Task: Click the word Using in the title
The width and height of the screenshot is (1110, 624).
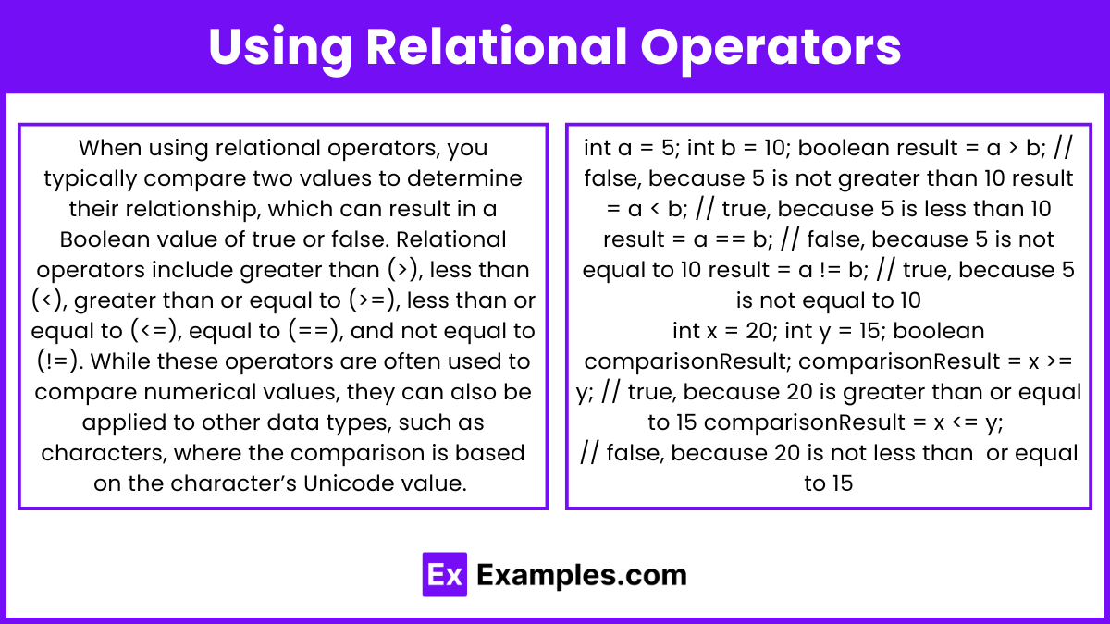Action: pos(280,48)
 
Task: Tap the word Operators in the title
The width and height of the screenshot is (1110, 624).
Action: pos(771,48)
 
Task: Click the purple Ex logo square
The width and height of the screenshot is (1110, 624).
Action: pos(445,574)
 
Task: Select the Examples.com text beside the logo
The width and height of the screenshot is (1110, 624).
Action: pos(582,574)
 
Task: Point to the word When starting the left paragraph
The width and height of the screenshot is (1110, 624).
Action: pos(110,148)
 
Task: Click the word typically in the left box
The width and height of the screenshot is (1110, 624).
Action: pos(91,178)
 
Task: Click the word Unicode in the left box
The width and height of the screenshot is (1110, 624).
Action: pos(342,483)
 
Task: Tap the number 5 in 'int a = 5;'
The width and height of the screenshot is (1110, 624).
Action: pos(668,148)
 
